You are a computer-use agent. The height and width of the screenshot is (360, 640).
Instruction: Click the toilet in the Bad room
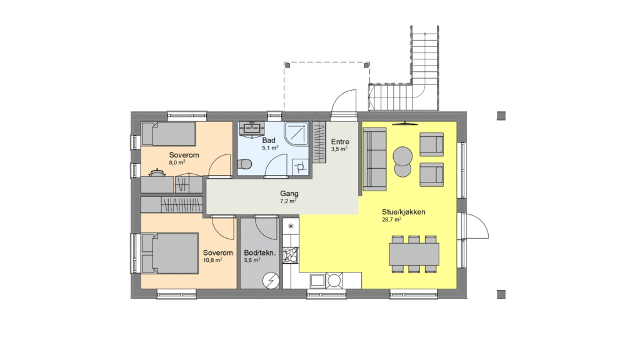point(244,164)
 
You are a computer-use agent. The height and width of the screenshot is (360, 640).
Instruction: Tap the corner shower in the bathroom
point(296,133)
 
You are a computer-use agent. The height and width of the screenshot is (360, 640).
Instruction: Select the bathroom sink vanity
point(251,128)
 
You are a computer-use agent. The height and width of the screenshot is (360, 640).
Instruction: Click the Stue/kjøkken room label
point(403,212)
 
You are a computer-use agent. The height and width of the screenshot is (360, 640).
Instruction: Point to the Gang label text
point(289,194)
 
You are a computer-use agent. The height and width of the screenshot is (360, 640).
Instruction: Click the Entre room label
point(340,142)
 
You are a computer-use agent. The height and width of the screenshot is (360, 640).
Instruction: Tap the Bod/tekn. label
point(259,252)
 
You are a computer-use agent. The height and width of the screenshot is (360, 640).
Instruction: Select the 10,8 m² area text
point(212,260)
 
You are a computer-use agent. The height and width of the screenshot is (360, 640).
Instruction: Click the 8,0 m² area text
point(177,162)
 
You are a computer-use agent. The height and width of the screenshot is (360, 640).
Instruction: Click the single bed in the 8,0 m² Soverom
point(168,134)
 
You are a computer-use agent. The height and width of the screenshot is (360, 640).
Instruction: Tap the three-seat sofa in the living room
point(374,159)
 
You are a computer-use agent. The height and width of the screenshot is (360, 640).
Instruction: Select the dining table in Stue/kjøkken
point(414,254)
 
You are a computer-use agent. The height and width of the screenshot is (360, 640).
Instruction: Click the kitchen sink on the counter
point(317,281)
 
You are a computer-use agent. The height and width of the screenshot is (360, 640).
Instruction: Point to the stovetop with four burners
point(291,255)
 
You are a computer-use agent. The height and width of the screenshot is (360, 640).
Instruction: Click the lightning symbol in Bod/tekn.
point(271,281)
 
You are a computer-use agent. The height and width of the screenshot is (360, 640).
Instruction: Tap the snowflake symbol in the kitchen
point(291,226)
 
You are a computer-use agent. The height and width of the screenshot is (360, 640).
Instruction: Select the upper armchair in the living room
point(431,144)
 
